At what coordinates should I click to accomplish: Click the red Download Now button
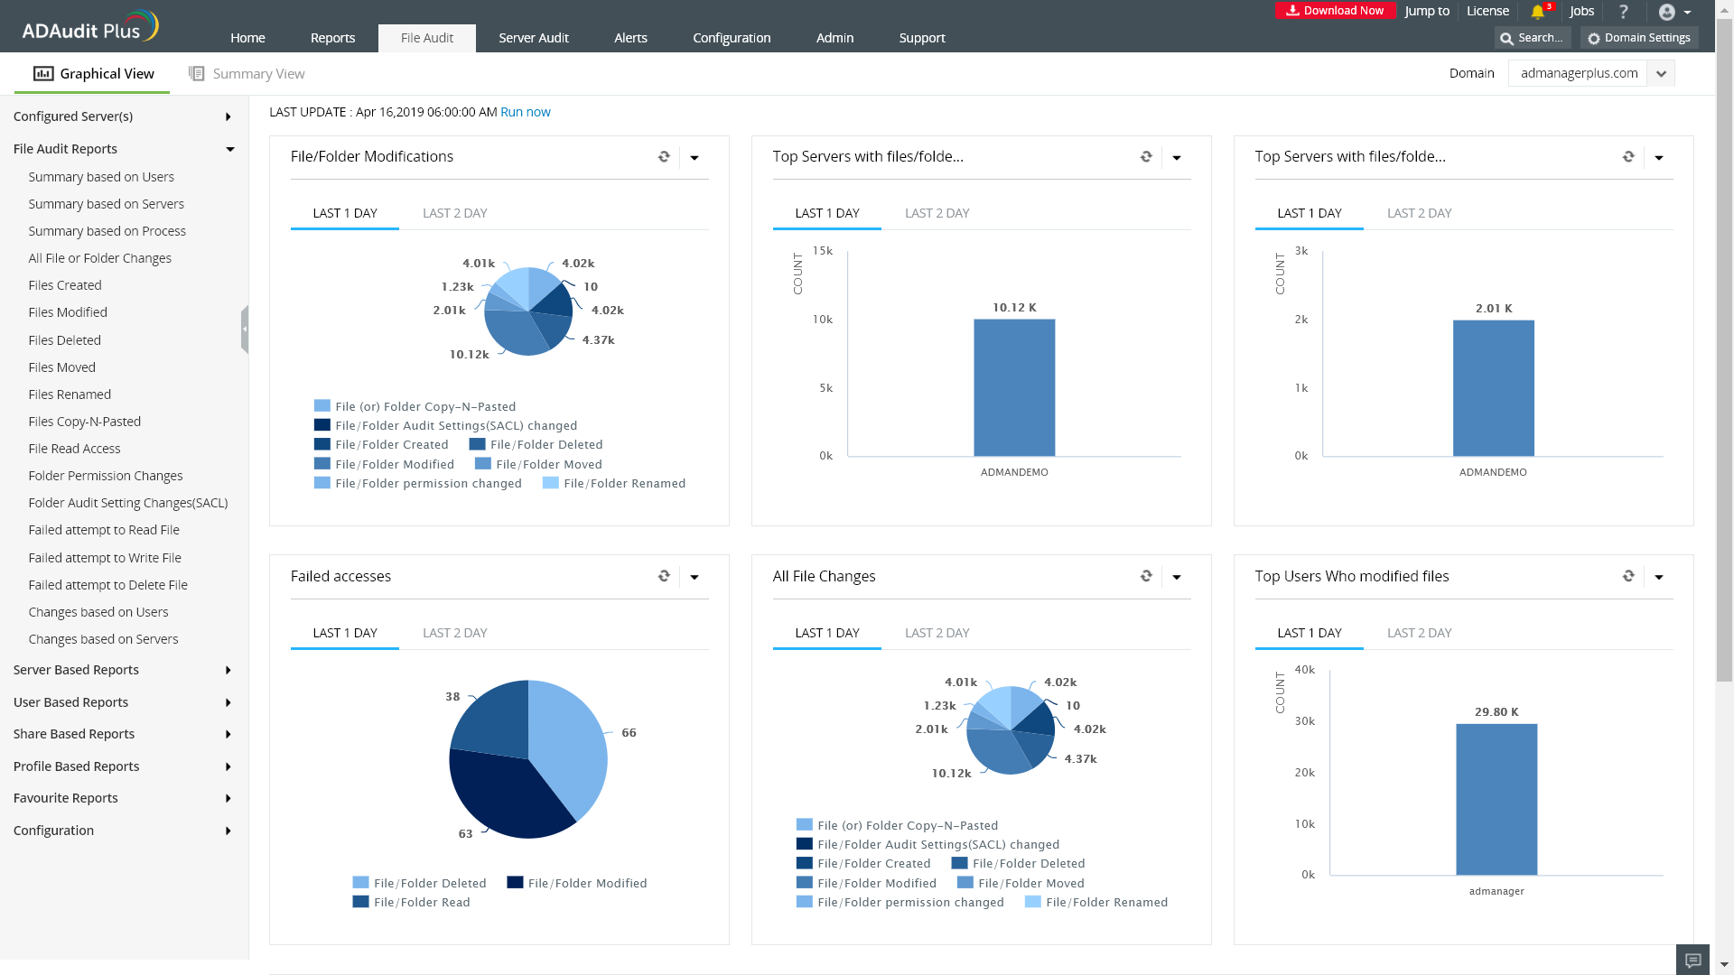pos(1335,11)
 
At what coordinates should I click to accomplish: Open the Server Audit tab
pos(533,38)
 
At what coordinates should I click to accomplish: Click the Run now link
pos(525,112)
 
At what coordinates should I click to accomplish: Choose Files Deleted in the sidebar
pos(64,340)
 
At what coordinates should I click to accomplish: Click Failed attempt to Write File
pos(105,558)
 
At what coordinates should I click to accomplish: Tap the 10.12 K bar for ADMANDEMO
pos(1013,388)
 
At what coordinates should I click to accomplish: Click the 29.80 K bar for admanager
pos(1496,799)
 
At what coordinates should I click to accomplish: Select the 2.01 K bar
pos(1493,388)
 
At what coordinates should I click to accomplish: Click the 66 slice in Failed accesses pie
pos(569,740)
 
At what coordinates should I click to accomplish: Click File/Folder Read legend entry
pos(422,902)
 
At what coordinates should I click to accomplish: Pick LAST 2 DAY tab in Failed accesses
pos(454,633)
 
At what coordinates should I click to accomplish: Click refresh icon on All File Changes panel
pos(1146,576)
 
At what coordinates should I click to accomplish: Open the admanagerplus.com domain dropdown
pos(1660,74)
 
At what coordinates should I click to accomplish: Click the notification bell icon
pos(1537,12)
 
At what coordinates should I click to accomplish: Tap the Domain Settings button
pos(1639,38)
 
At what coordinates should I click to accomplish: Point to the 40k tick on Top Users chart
pos(1304,670)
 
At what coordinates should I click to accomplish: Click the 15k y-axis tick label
pos(822,251)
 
